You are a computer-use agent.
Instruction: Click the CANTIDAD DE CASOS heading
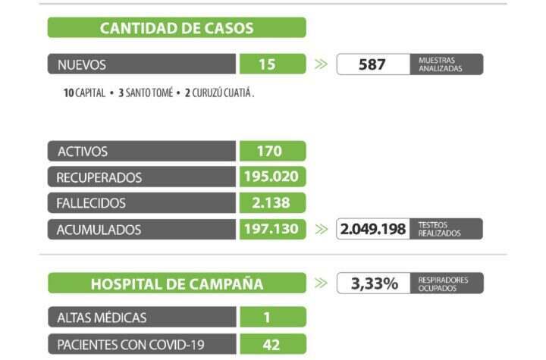pos(177,28)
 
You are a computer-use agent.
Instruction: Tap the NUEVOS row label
pos(82,64)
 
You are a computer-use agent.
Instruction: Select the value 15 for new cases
pos(267,64)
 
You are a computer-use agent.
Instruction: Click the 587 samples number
pos(372,64)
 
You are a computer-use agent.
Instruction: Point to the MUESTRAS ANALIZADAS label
pos(440,64)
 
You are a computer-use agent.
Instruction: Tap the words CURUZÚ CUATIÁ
pos(221,95)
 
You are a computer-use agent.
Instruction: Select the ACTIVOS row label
pos(83,152)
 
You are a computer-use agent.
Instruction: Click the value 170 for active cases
pos(269,151)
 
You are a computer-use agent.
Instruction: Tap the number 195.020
pos(271,177)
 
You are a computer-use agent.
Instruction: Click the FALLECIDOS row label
pos(91,203)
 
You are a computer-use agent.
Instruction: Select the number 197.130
pos(271,228)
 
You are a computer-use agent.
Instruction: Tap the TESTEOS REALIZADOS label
pos(440,229)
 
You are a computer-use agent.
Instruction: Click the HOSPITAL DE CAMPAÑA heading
pos(177,284)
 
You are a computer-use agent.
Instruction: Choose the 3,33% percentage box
pos(374,284)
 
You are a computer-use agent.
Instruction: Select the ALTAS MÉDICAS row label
pos(102,318)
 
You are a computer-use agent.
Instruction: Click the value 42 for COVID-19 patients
pos(271,344)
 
